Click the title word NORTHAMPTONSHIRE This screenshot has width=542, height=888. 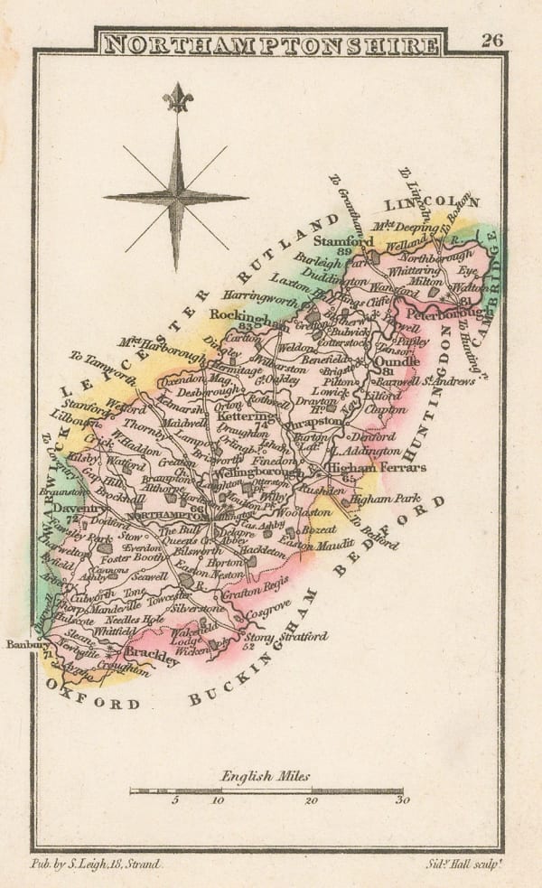pyautogui.click(x=272, y=44)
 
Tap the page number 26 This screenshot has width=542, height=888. pyautogui.click(x=492, y=40)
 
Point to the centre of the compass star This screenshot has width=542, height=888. pyautogui.click(x=175, y=197)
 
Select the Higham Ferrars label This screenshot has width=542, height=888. pyautogui.click(x=363, y=468)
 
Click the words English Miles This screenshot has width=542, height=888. pyautogui.click(x=265, y=775)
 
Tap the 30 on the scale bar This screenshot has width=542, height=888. pyautogui.click(x=401, y=800)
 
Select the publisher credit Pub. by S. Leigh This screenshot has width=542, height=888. pyautogui.click(x=96, y=865)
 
